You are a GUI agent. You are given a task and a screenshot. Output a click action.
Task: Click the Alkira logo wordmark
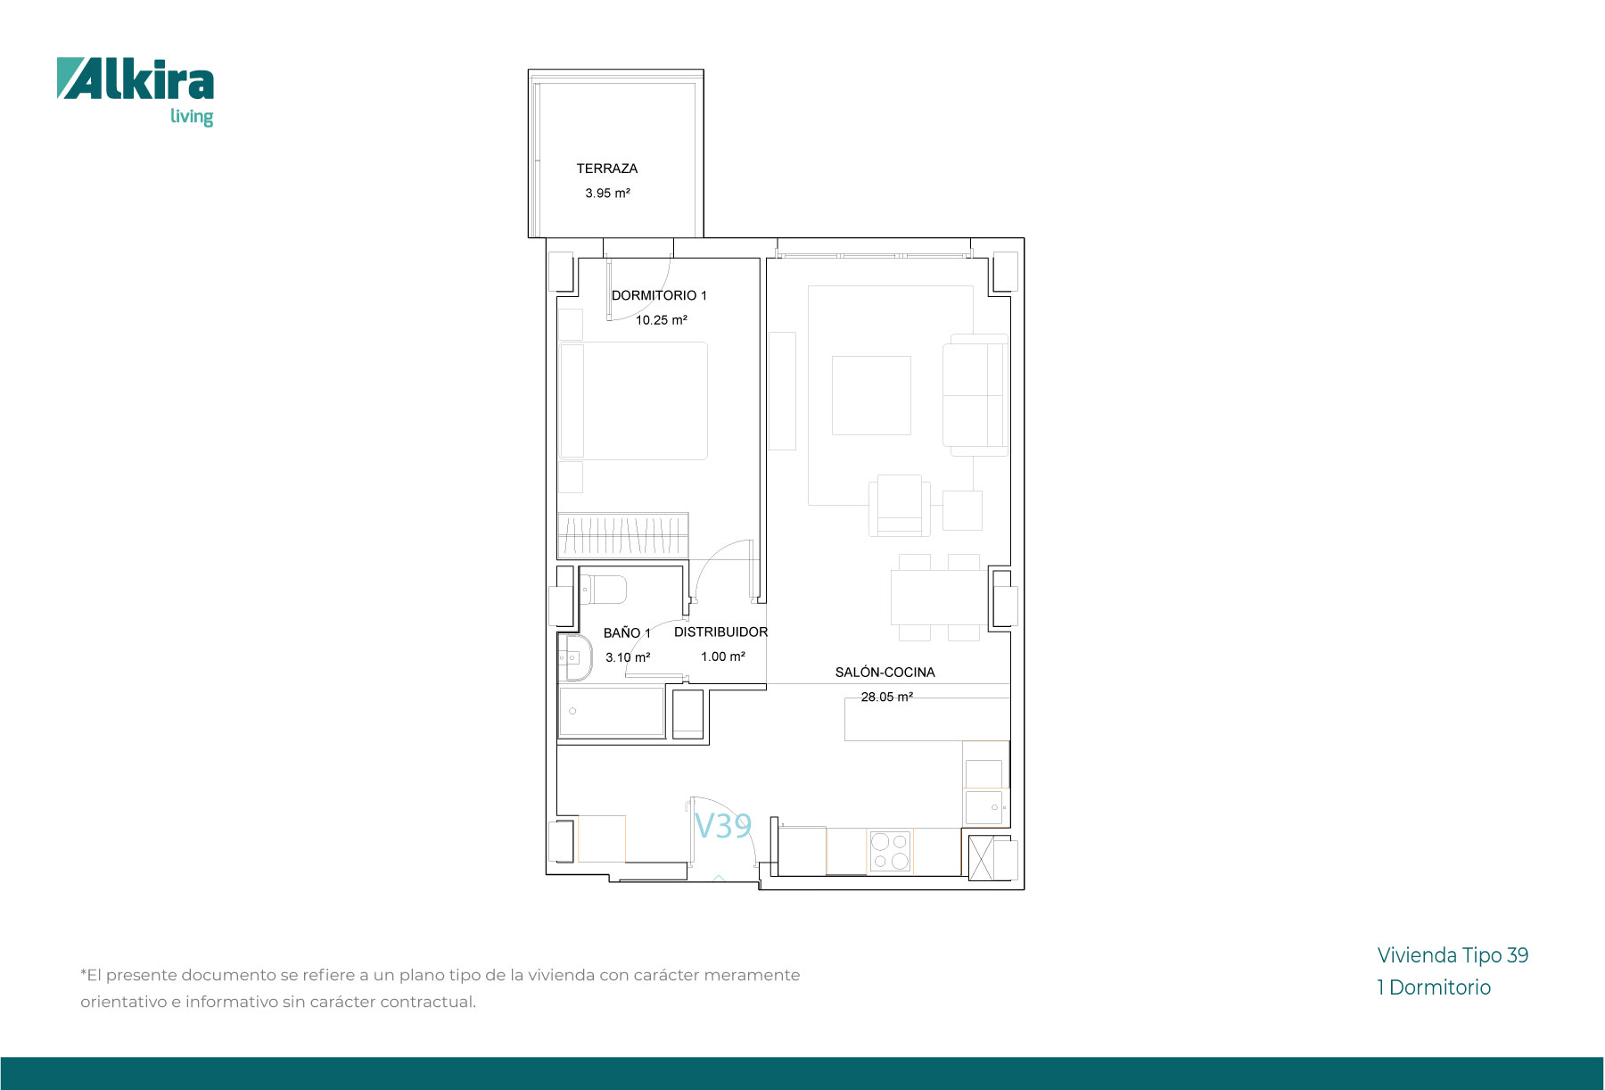click(136, 79)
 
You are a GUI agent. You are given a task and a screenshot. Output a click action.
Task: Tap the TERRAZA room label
click(606, 169)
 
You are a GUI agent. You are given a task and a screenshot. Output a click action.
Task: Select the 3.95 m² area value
click(607, 193)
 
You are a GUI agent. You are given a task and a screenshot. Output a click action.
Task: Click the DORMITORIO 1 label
click(659, 295)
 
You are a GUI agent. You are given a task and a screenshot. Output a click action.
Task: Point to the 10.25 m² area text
click(661, 320)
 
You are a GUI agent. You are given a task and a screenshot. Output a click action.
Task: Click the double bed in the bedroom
click(634, 401)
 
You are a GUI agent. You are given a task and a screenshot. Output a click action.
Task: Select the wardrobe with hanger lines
click(623, 535)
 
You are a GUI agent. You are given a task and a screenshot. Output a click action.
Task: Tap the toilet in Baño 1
click(604, 590)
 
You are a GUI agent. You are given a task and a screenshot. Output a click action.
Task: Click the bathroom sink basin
click(576, 657)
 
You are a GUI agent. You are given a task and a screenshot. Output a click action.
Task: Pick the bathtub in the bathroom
click(612, 711)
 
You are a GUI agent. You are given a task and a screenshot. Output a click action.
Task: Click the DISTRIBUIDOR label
click(720, 632)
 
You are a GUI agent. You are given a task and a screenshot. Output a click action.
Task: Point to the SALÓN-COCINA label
click(885, 673)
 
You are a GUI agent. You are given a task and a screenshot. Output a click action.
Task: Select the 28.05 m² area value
click(886, 698)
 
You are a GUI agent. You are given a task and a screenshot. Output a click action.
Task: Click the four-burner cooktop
click(890, 851)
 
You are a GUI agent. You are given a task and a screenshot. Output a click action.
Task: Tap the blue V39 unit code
click(723, 826)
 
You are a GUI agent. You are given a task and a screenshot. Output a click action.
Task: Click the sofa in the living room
click(975, 395)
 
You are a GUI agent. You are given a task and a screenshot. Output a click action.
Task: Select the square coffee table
click(871, 395)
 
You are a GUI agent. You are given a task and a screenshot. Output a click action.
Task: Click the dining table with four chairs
click(939, 598)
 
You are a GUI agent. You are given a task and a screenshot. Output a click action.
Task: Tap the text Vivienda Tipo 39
click(1453, 955)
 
